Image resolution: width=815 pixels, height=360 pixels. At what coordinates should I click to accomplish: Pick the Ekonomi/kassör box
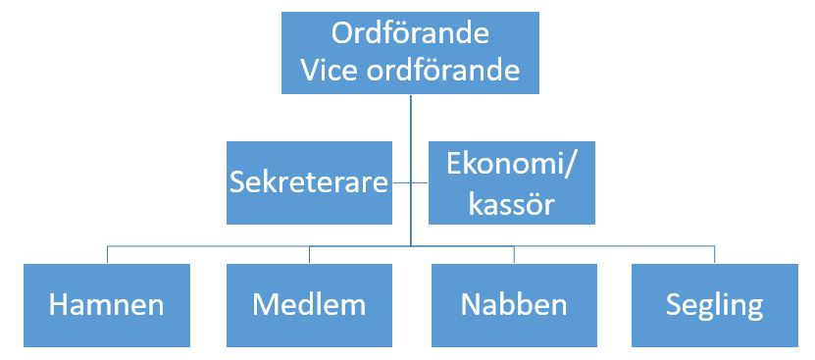(513, 182)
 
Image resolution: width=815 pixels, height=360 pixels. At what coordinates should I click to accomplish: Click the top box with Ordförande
(410, 53)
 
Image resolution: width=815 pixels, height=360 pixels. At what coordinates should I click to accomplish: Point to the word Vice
(330, 72)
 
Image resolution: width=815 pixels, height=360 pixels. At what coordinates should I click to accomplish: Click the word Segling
(714, 304)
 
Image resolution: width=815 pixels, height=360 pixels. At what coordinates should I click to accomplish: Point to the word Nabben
(513, 303)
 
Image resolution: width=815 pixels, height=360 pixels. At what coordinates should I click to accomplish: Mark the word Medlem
(309, 303)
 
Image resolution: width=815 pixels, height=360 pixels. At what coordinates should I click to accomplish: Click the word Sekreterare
(309, 182)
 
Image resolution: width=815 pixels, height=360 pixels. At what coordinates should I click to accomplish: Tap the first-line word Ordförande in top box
(410, 34)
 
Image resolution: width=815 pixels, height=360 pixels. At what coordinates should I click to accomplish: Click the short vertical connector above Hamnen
(108, 254)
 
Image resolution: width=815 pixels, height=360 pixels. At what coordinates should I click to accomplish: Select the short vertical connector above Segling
(714, 254)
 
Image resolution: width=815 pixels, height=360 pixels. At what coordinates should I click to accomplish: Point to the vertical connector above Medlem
(309, 254)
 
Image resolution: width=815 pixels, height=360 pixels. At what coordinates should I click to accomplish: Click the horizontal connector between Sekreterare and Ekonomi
(411, 182)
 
